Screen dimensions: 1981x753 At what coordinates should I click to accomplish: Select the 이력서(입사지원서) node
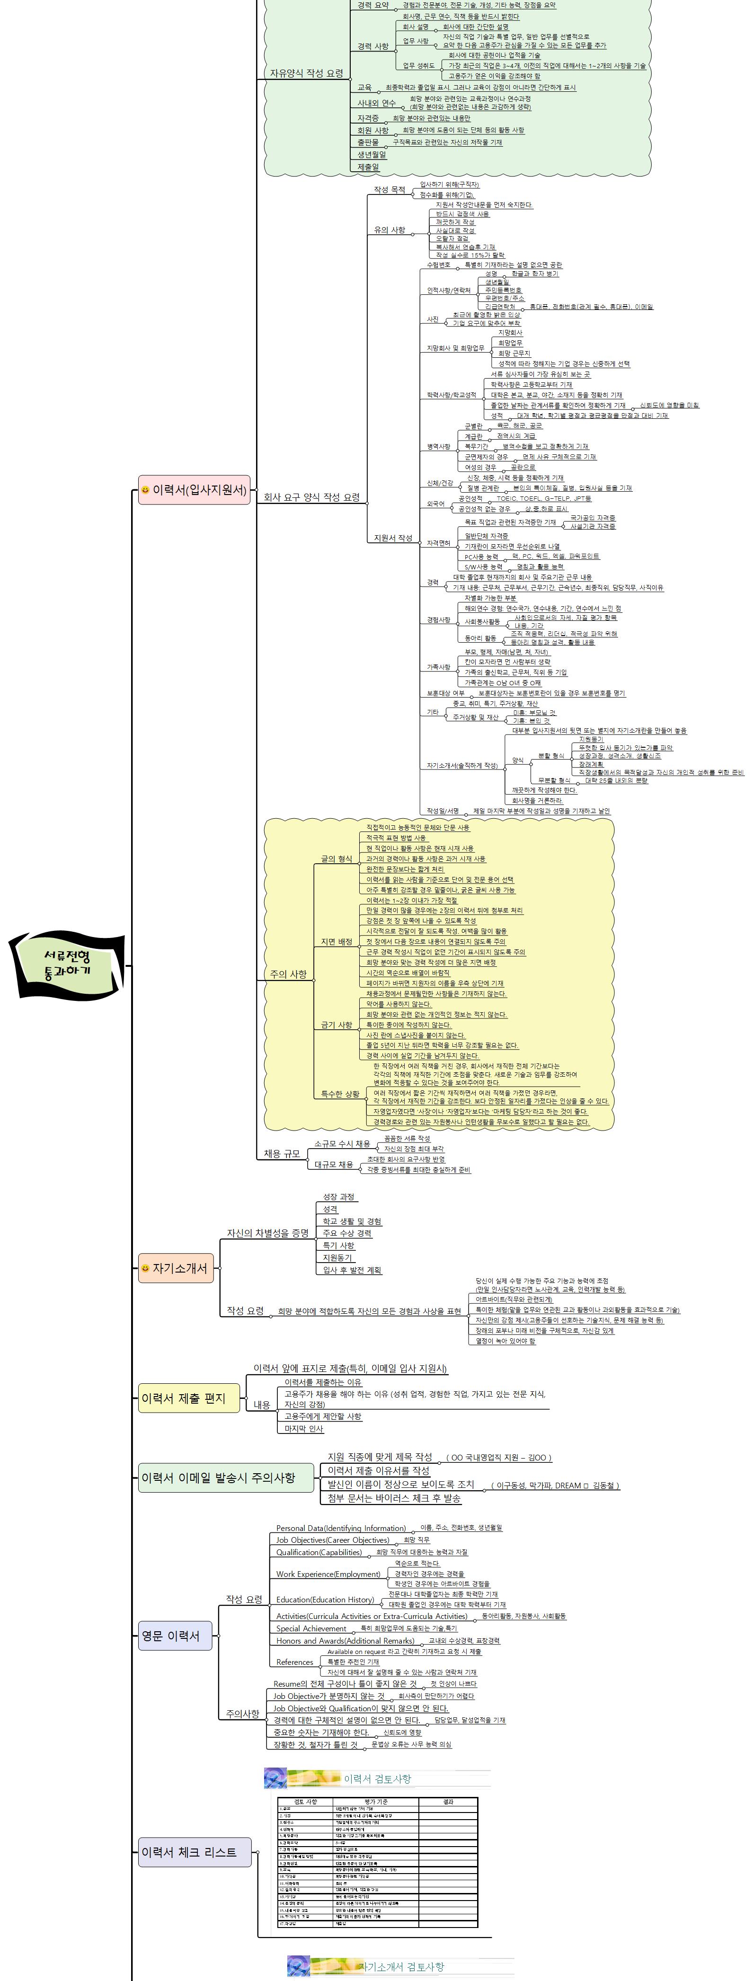click(195, 490)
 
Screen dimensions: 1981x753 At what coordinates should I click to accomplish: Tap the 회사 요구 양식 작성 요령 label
click(311, 497)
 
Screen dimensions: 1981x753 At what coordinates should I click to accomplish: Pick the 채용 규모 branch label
click(282, 1154)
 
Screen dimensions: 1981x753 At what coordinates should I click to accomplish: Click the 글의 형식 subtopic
click(336, 858)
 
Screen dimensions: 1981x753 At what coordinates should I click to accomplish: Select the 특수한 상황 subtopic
click(340, 1094)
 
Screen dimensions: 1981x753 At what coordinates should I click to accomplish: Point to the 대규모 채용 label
click(334, 1164)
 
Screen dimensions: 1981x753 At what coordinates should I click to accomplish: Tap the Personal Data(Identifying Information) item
click(341, 1528)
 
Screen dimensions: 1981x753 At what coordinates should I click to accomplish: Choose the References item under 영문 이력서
click(294, 1662)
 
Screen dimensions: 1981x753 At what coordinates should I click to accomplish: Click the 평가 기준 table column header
click(376, 1802)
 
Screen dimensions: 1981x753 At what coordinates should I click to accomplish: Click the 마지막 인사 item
click(304, 1429)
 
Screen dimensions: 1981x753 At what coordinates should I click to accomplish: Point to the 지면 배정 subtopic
click(336, 941)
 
